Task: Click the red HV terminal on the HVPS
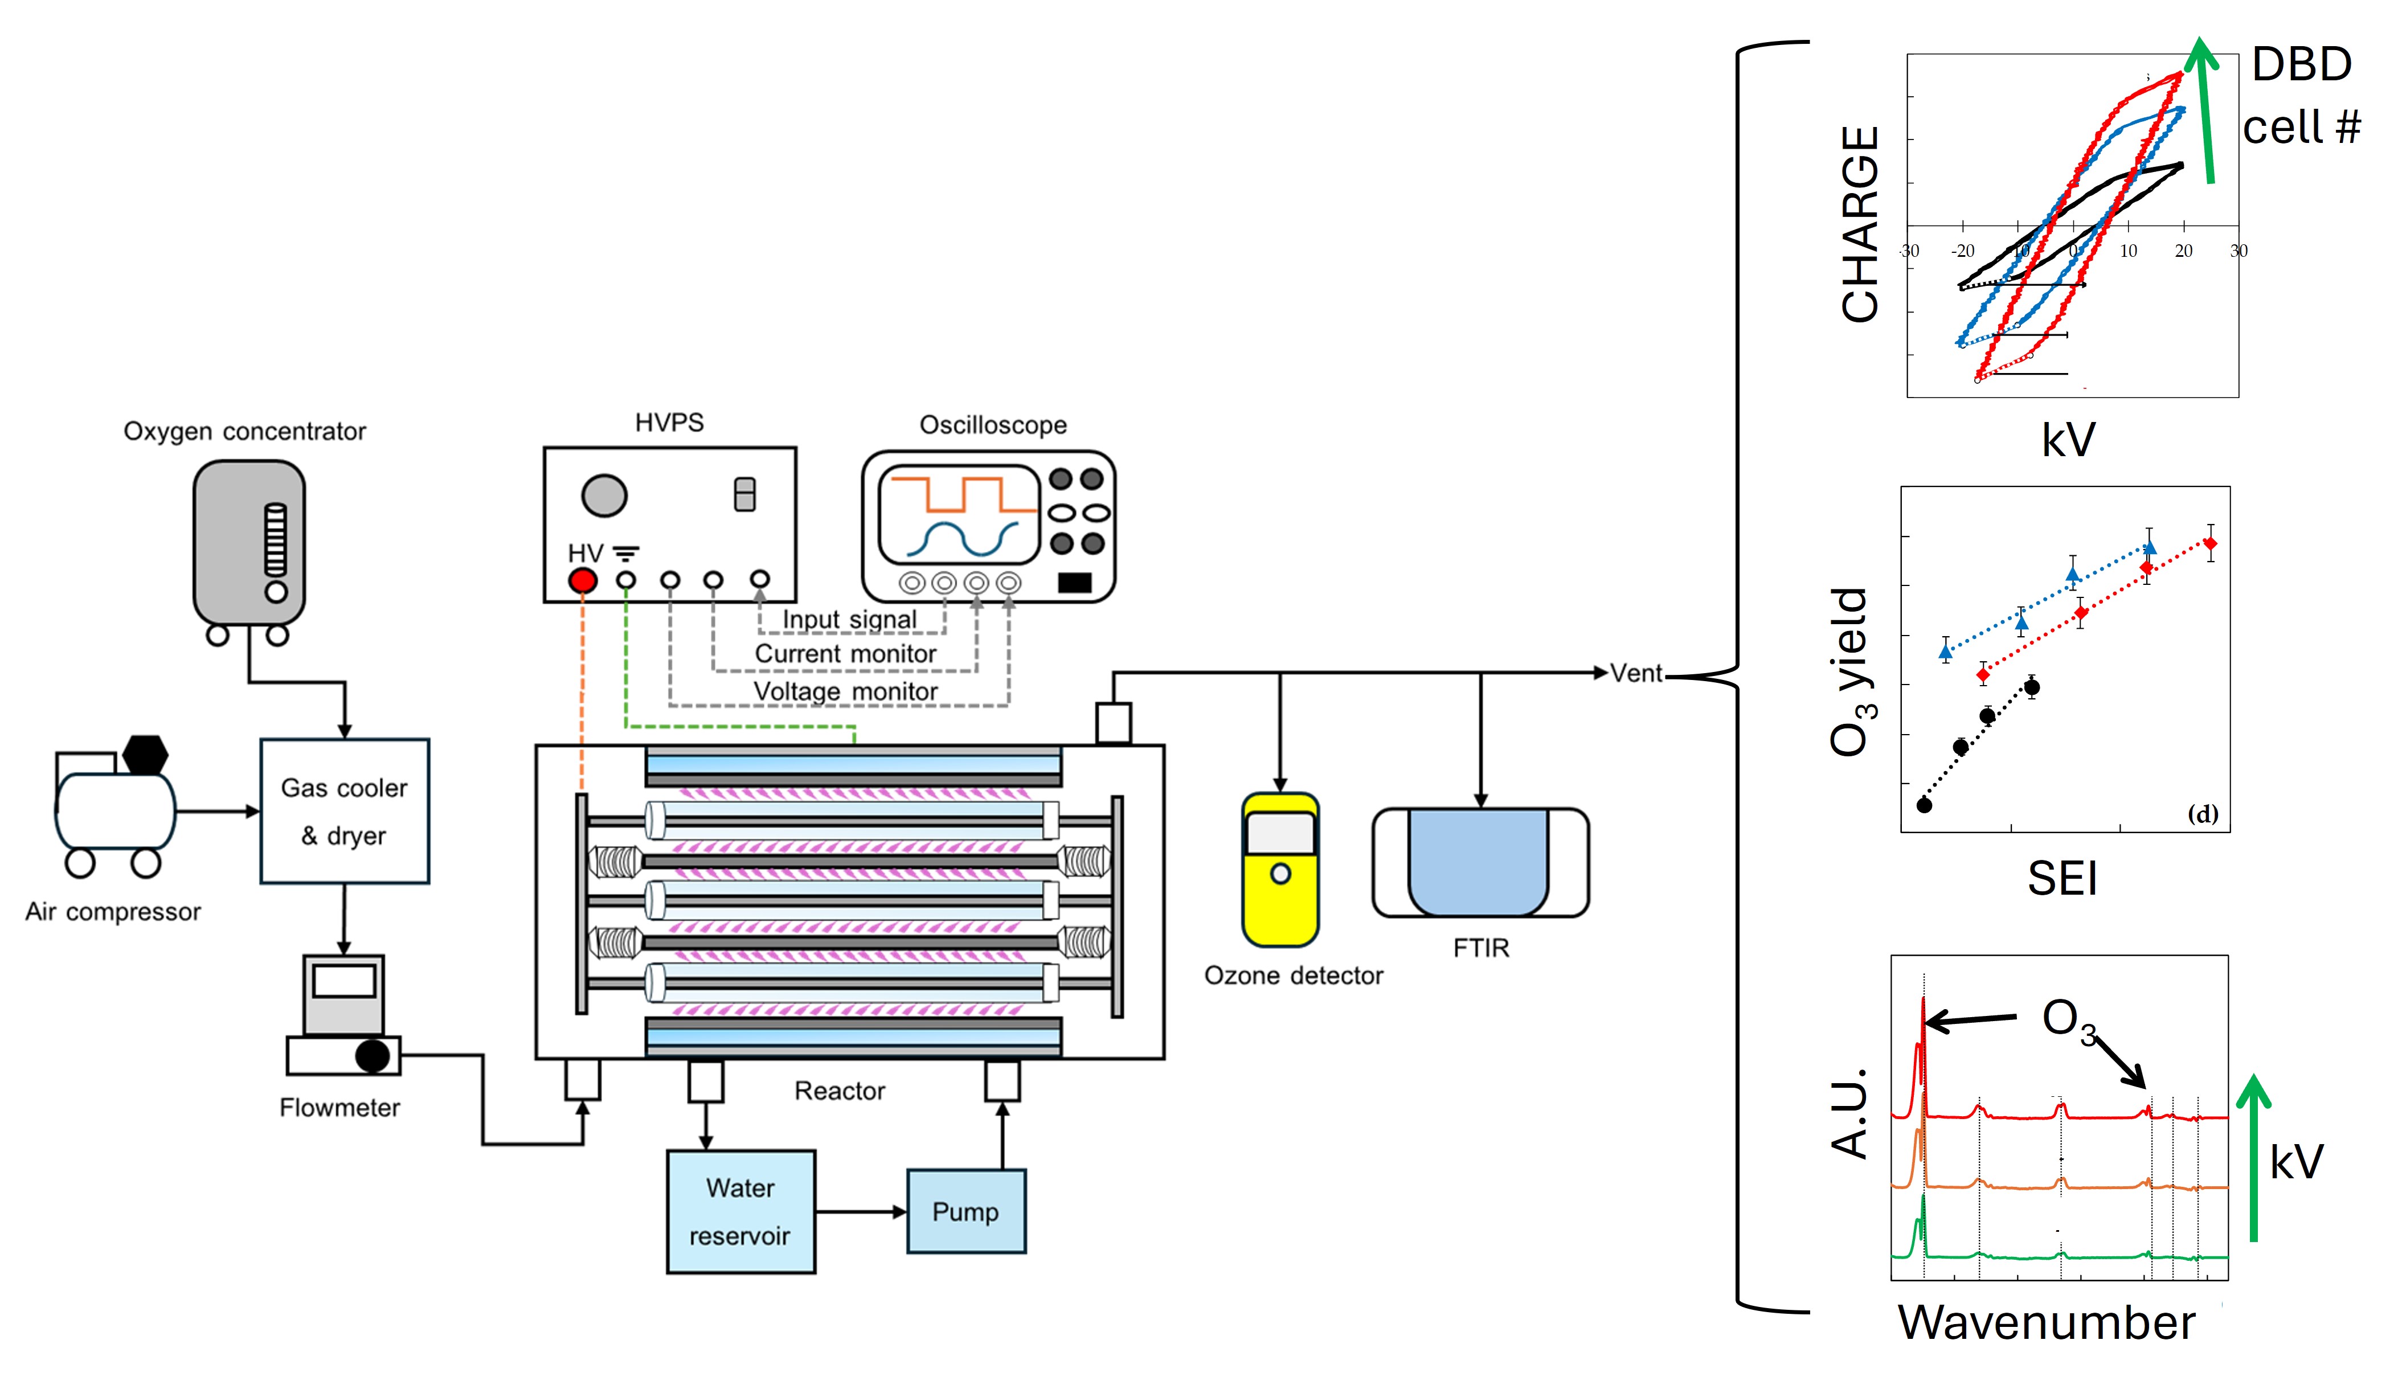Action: (x=582, y=580)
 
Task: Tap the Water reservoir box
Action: (x=740, y=1211)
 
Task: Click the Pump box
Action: (x=965, y=1211)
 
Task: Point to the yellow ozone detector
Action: (x=1280, y=869)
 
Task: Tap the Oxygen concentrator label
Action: (x=244, y=431)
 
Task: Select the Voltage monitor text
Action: (x=845, y=691)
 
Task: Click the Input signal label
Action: (x=848, y=620)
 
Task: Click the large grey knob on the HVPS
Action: (x=604, y=495)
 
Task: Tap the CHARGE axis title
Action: (x=1859, y=224)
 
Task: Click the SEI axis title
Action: (x=2061, y=878)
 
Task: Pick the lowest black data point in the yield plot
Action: (x=1924, y=805)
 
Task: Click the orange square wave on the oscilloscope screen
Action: (x=960, y=494)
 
